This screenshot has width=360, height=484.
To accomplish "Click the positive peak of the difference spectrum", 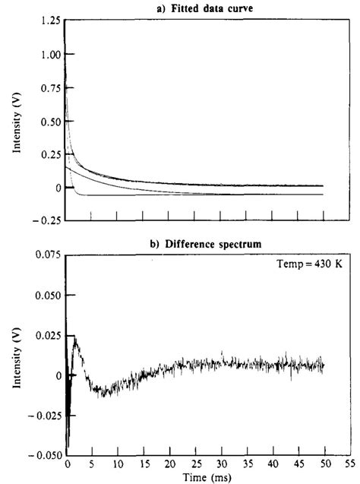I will coord(74,336).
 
